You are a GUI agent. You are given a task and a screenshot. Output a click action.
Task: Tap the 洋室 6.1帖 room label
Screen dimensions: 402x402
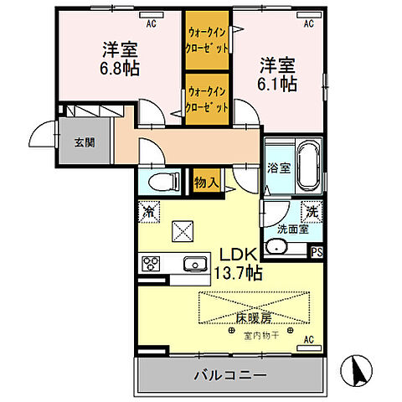277,73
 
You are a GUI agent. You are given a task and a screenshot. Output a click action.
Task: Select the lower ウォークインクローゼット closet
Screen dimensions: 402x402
207,100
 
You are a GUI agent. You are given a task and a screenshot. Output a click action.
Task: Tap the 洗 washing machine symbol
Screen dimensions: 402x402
309,213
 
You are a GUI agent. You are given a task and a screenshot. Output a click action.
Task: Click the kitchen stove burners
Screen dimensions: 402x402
152,263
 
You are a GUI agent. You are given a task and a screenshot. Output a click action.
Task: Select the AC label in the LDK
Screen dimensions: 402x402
307,339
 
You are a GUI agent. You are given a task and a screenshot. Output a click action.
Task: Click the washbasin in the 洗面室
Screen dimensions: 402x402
276,247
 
